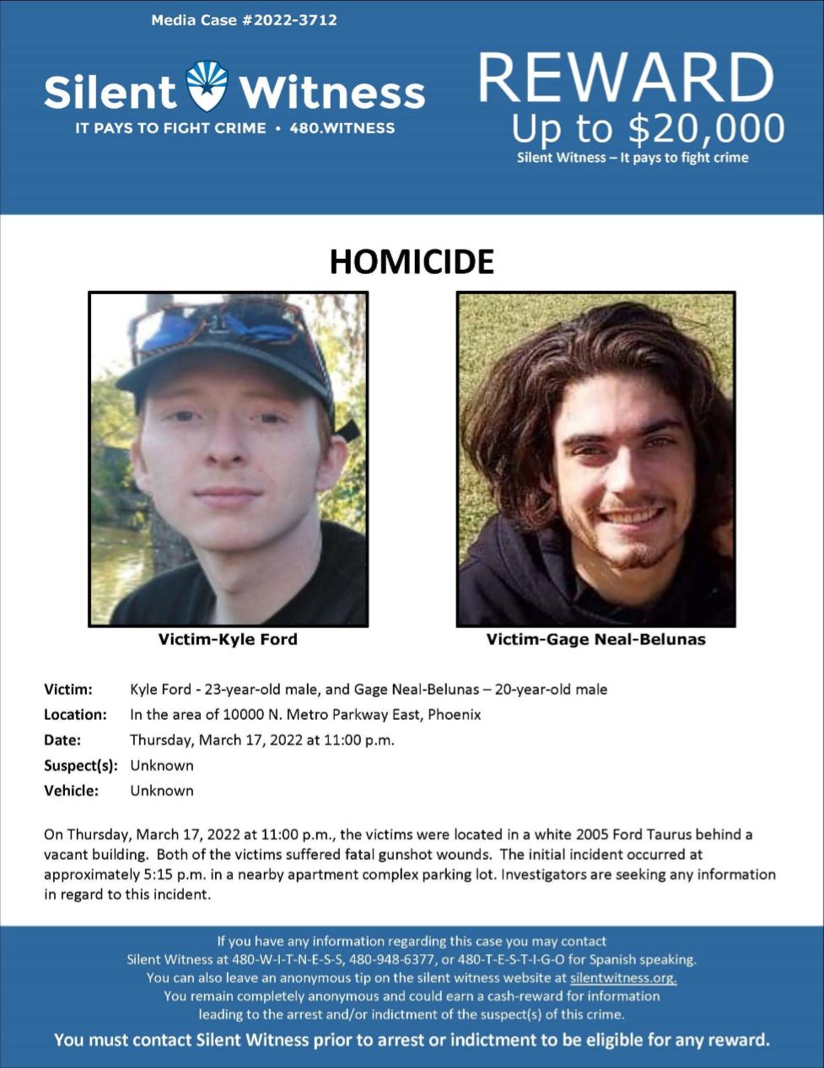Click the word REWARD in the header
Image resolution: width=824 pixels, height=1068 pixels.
point(626,78)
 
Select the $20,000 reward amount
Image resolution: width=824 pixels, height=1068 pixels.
point(707,128)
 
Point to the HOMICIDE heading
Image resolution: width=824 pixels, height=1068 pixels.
point(412,261)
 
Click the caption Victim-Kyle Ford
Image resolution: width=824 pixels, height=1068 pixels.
point(228,639)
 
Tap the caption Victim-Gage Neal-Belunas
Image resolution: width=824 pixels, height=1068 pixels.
point(595,639)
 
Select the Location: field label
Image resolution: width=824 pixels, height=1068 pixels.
point(75,715)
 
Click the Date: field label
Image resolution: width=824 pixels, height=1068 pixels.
point(62,740)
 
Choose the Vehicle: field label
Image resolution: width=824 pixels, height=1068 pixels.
point(71,791)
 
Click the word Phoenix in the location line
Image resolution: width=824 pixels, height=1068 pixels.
point(455,715)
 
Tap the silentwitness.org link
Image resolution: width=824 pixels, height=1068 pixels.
point(623,978)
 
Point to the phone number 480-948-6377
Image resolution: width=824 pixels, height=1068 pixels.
point(392,959)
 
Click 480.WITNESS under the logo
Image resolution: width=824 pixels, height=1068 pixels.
point(342,128)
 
